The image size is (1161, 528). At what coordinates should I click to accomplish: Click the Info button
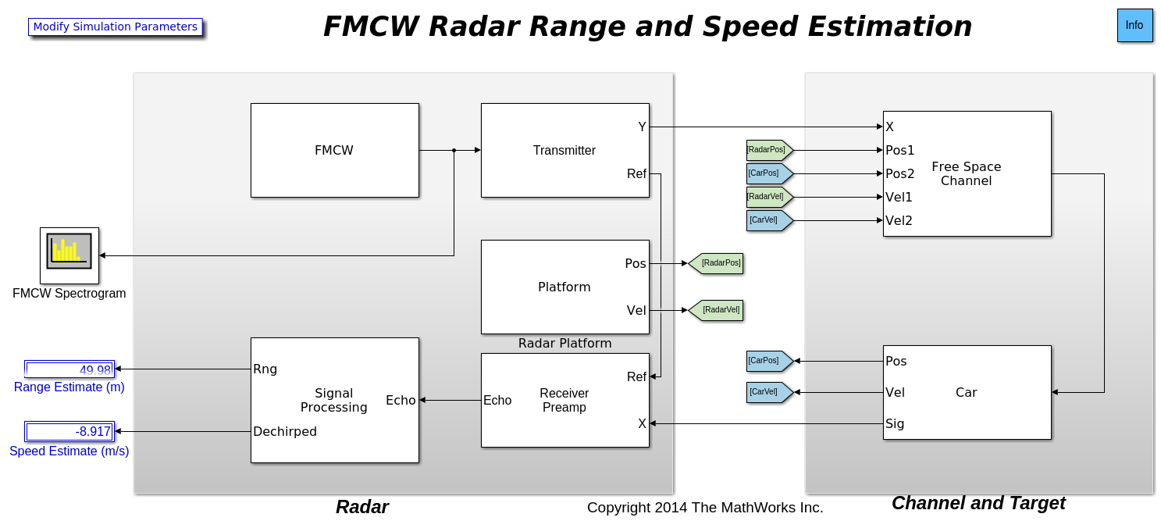click(x=1134, y=26)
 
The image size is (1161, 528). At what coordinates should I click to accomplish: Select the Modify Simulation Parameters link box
click(x=116, y=27)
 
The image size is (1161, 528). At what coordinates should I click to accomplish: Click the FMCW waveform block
click(x=334, y=150)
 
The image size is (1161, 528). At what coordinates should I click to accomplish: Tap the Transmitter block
click(x=564, y=150)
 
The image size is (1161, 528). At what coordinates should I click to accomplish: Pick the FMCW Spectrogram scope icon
click(x=69, y=255)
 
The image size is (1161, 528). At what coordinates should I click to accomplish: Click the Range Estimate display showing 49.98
click(x=69, y=369)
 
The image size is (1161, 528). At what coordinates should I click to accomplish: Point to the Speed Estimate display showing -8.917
click(x=69, y=432)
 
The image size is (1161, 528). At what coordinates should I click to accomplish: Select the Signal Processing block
click(x=334, y=400)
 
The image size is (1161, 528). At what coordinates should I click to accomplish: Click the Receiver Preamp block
click(x=564, y=400)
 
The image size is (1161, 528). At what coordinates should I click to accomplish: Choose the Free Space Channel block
click(x=967, y=173)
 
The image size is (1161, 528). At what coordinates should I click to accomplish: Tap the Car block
click(x=967, y=392)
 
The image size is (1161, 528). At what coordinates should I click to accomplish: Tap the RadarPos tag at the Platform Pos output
click(x=716, y=263)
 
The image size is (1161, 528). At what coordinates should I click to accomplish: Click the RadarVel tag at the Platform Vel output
click(x=716, y=310)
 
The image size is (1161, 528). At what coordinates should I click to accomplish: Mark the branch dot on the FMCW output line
click(x=454, y=150)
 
